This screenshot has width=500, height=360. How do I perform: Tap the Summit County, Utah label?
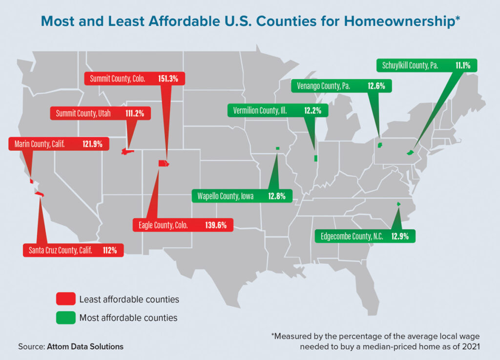tap(83, 113)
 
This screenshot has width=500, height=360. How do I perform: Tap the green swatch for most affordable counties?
tap(65, 318)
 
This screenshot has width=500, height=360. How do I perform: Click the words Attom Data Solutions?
tap(85, 346)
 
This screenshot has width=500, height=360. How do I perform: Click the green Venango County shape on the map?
tap(380, 145)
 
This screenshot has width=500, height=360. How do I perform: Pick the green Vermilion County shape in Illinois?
tap(315, 158)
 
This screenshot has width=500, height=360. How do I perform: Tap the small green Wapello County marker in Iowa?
tap(277, 148)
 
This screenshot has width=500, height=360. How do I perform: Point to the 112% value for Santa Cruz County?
tap(110, 251)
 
